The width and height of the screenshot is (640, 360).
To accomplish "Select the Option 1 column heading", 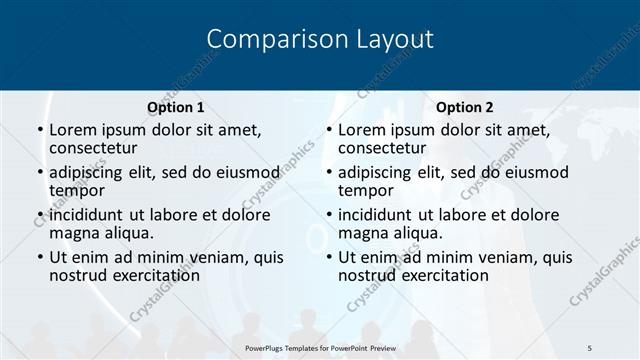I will point(175,107).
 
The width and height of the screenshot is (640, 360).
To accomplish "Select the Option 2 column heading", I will point(464,107).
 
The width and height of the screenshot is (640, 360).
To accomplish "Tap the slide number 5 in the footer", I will point(590,347).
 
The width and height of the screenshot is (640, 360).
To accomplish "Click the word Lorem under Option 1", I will point(73,129).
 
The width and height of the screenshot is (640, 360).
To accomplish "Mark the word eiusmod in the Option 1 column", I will point(244,172).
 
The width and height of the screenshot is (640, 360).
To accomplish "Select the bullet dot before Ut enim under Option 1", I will point(40,257).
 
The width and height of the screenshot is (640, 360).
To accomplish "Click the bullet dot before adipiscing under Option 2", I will point(329,172).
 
